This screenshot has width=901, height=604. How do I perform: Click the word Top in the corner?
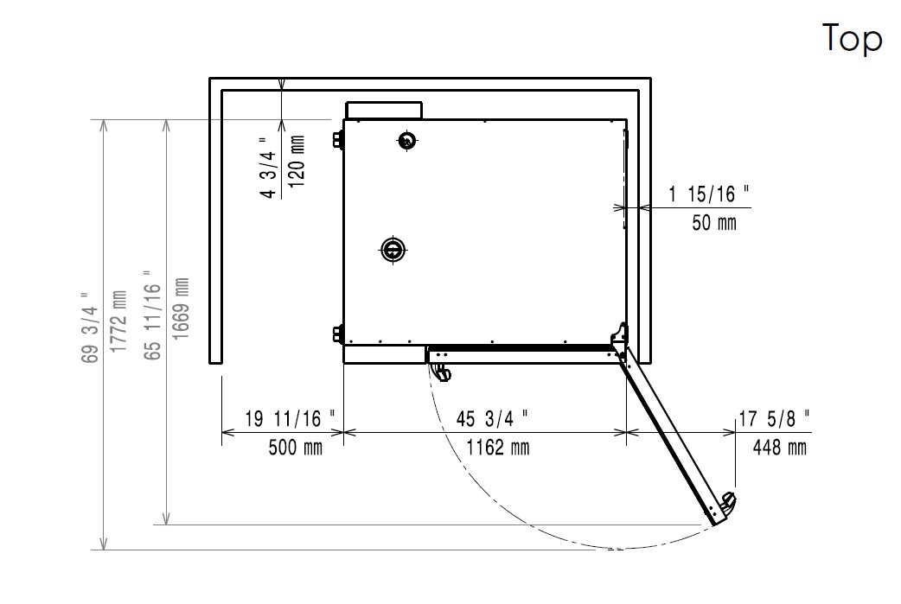click(852, 39)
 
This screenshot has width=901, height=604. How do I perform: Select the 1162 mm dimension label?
click(497, 448)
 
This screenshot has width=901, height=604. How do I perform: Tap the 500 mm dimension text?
click(296, 448)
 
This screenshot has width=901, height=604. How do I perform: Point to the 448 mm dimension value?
click(780, 448)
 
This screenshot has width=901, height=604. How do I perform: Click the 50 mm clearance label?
click(714, 222)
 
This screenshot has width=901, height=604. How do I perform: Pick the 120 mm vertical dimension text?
click(297, 162)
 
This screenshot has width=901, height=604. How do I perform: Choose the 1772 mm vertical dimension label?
click(118, 321)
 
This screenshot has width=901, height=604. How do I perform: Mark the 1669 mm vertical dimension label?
click(181, 308)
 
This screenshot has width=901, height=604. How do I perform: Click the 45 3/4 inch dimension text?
click(493, 418)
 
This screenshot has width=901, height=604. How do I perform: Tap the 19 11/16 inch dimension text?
click(291, 418)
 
